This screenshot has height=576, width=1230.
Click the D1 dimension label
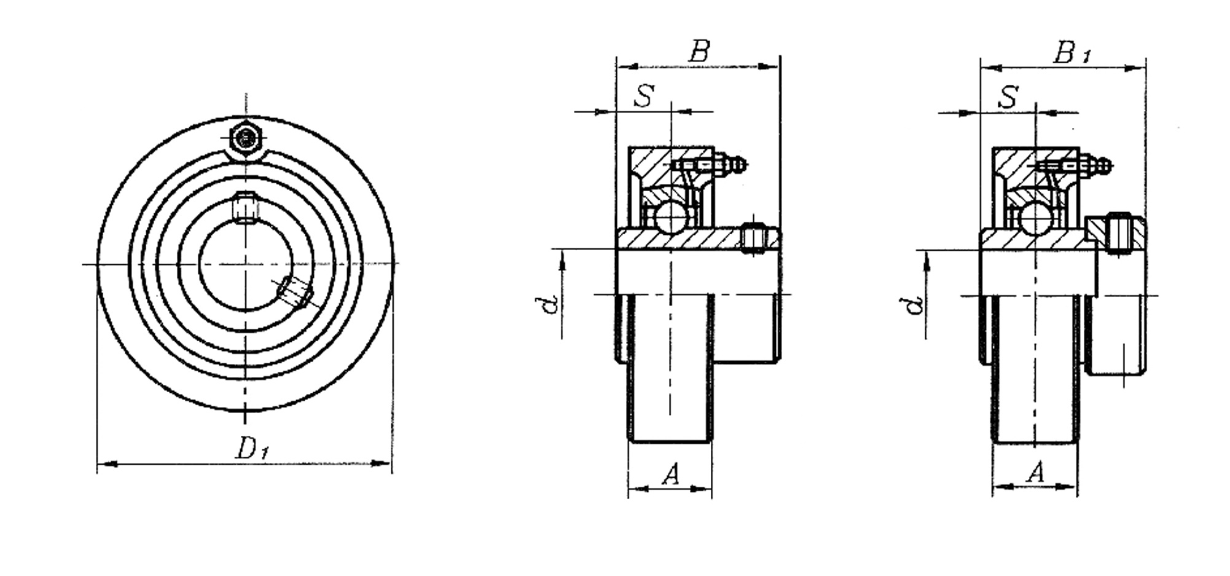coord(253,449)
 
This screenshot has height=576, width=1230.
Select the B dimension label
coord(699,52)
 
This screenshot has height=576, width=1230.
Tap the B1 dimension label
coord(1072,53)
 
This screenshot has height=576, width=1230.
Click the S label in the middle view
coord(644,96)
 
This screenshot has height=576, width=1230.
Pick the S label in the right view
coord(1008,97)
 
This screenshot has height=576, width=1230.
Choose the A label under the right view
coord(1035,472)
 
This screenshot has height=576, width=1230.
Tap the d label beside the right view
coord(915,305)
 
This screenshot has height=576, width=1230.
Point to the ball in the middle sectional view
coord(668,217)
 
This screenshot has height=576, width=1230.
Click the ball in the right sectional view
coord(1035,218)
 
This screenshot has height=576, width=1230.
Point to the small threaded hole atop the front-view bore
coord(246,207)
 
